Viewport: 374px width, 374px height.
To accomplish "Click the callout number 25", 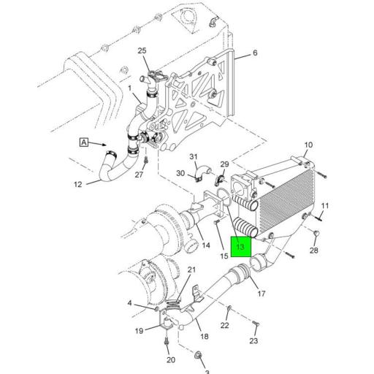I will point(142,50).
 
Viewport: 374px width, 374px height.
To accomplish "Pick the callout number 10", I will point(308,145).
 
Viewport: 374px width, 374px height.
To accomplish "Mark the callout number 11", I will point(326,205).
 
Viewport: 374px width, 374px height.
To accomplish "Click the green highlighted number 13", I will point(240,246).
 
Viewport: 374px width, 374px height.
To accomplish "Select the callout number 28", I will point(313,251).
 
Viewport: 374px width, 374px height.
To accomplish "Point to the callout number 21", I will point(191,270).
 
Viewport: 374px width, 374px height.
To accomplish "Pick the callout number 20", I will point(170,359).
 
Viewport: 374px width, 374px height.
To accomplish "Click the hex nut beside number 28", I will point(316,234).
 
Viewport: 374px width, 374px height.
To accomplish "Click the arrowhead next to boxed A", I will point(110,145).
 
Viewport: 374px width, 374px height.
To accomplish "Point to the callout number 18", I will point(204,337).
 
